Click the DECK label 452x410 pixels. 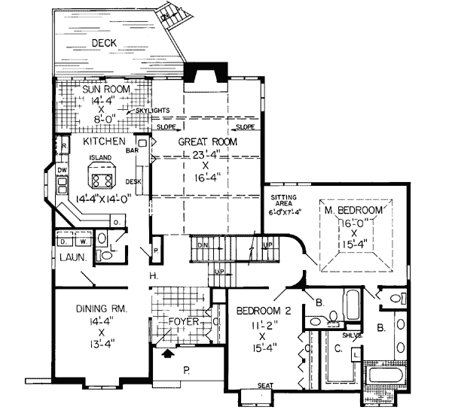click(104, 43)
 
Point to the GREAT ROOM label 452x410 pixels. click(208, 141)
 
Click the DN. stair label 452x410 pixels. click(203, 244)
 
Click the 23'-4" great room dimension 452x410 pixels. click(207, 156)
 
